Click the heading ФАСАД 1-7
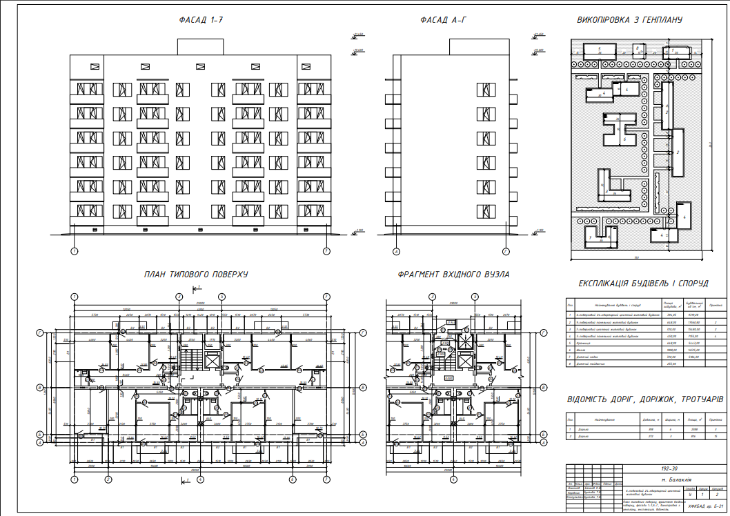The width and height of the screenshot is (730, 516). pos(200,21)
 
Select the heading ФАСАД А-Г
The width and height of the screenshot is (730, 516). pos(444,21)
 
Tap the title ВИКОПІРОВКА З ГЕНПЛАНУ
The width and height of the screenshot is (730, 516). pos(629,21)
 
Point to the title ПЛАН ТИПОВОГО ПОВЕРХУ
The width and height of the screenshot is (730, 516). pos(196,275)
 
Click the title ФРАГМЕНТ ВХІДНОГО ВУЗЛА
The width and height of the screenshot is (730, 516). pos(453,275)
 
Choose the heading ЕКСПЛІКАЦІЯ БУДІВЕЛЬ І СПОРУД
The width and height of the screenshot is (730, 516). pos(642,284)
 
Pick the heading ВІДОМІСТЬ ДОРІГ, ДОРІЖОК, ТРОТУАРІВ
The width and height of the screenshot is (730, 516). pos(645,399)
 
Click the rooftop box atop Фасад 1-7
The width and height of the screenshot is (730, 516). pos(200,46)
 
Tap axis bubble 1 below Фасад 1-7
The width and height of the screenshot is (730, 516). pos(75,252)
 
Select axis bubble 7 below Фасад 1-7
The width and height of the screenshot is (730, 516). pos(326,252)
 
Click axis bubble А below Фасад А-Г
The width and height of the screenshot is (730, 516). pos(396,252)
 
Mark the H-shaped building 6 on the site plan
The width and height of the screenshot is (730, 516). pos(620,131)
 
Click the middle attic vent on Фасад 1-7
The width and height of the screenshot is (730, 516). pos(201,67)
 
